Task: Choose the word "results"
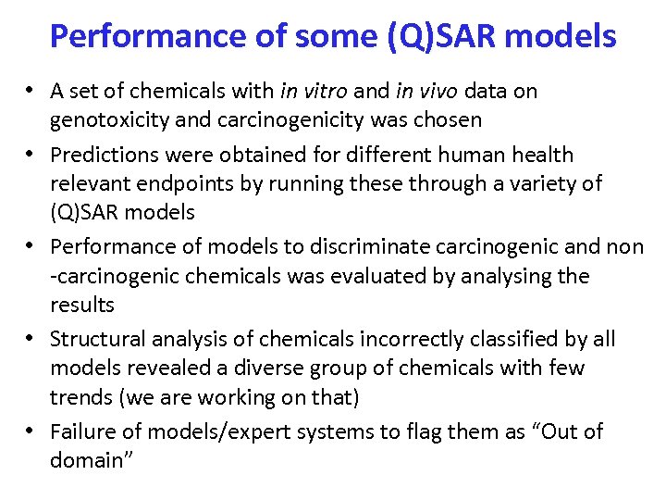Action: tap(82, 306)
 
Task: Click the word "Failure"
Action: tap(82, 431)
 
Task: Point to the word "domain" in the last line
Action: tap(87, 461)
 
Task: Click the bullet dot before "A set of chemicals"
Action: tap(31, 92)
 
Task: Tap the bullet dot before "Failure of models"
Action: tap(31, 432)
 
